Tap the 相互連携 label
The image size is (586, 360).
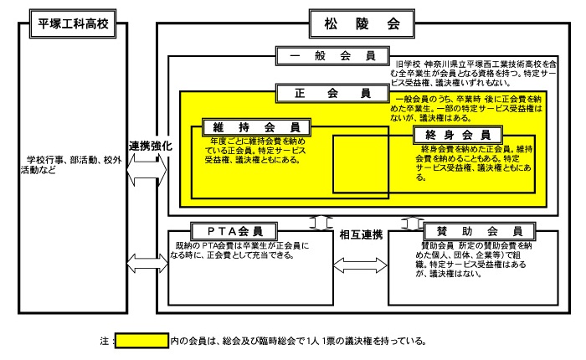pos(361,234)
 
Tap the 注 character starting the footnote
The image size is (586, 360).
pos(103,342)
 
